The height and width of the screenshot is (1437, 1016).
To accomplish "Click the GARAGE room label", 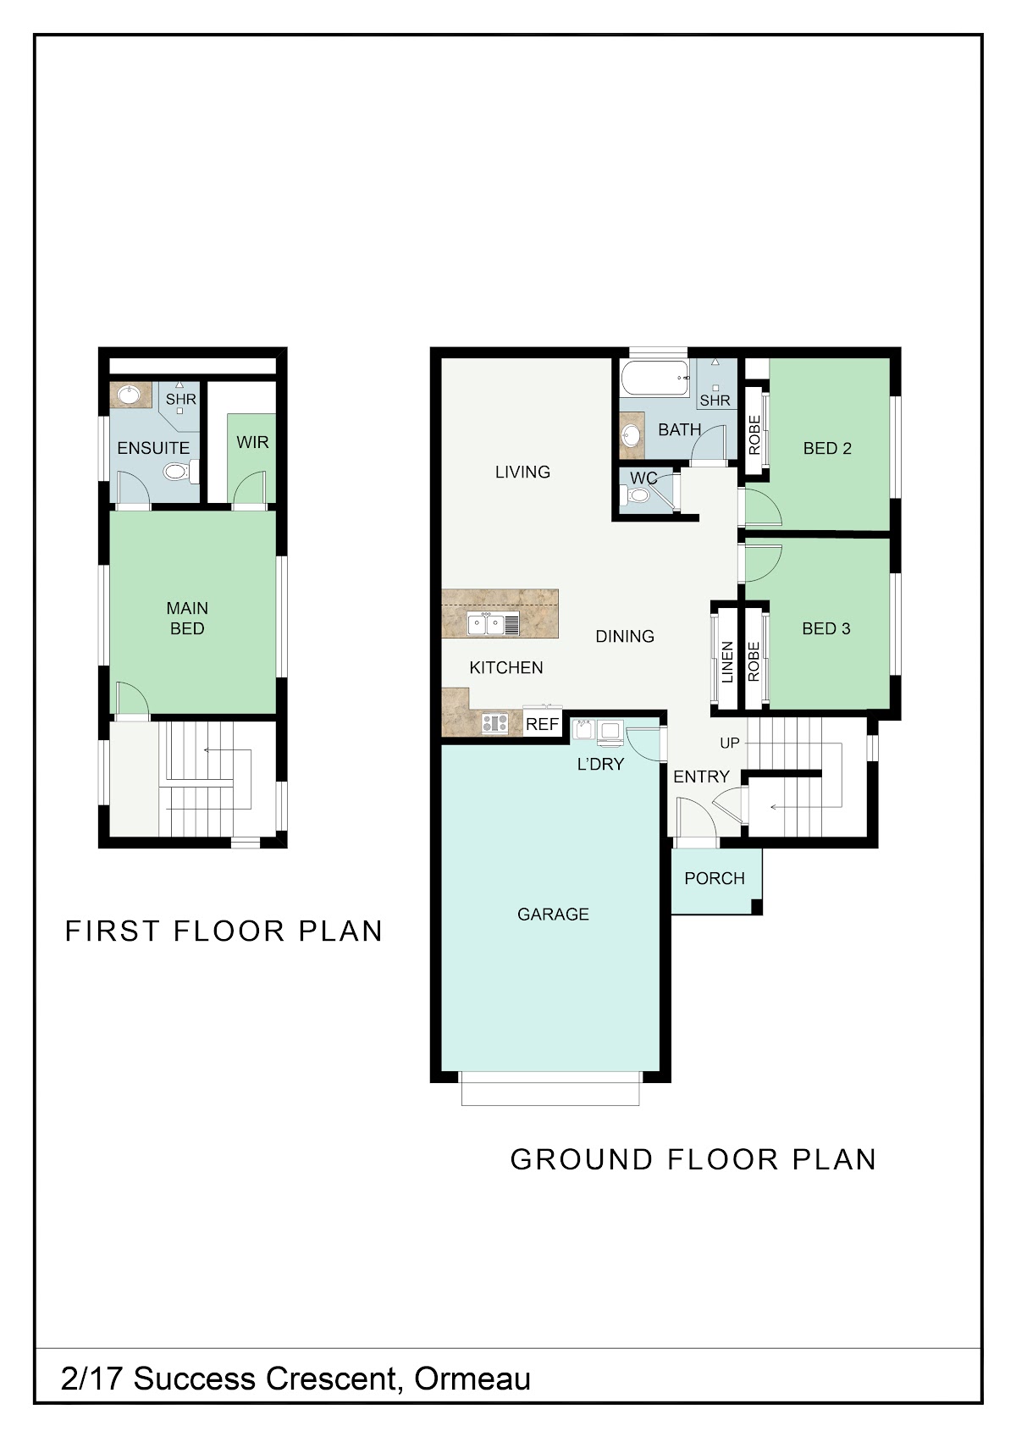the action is click(x=553, y=914).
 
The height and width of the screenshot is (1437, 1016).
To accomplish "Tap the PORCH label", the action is click(x=715, y=878).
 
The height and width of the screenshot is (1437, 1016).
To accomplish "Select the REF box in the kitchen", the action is click(x=543, y=724).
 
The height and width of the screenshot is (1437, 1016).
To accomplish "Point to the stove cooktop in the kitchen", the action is click(x=495, y=723).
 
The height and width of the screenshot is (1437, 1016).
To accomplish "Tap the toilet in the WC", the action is click(x=637, y=495).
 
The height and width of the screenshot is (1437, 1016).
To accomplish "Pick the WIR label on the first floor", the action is click(x=252, y=442).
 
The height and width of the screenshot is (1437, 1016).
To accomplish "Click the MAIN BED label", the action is click(x=187, y=618).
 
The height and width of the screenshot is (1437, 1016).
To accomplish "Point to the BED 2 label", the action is click(x=827, y=449).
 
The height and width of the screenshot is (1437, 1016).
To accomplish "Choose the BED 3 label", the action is click(x=826, y=628).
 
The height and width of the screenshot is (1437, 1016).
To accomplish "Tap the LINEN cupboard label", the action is click(x=727, y=662).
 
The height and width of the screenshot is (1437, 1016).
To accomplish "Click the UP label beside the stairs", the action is click(x=730, y=743).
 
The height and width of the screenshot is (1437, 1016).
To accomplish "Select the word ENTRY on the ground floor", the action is click(x=701, y=777).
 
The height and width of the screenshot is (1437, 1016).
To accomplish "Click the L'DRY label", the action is click(x=600, y=764).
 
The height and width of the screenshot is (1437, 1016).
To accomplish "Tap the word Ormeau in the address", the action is click(x=472, y=1378).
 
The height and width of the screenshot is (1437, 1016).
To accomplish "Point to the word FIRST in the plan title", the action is click(x=113, y=931).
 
